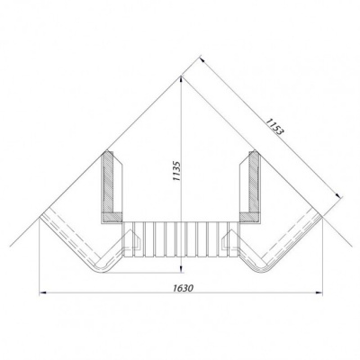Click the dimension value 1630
[183, 288]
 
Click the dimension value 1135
[177, 171]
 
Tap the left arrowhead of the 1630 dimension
[42, 292]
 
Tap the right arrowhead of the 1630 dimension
[319, 292]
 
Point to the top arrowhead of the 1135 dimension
[181, 79]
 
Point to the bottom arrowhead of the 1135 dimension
[181, 270]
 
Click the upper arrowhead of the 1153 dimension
[202, 59]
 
